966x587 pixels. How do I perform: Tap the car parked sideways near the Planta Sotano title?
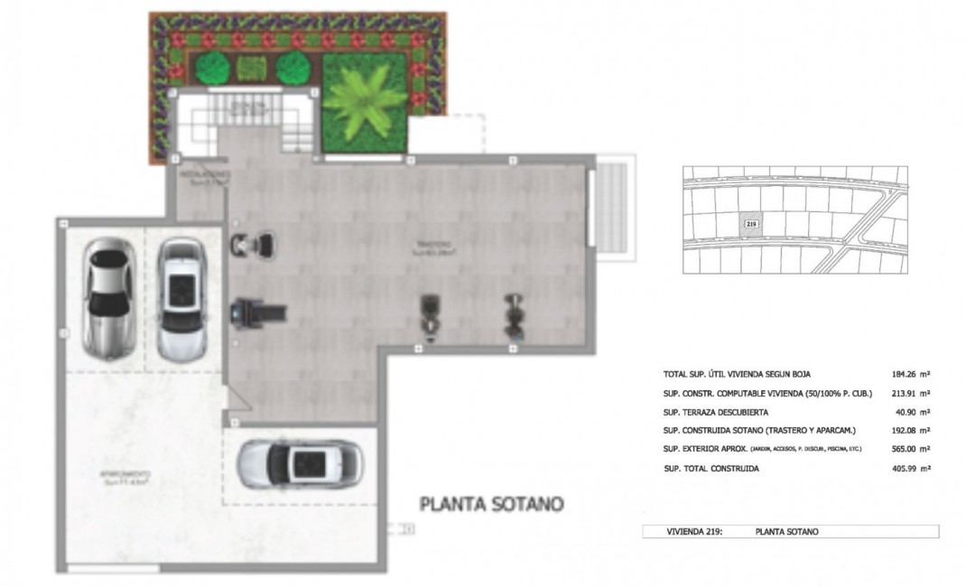299,463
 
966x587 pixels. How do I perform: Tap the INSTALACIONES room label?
205,176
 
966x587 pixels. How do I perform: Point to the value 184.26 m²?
911,373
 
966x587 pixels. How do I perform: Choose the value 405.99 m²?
911,468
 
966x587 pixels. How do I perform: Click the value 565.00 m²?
911,449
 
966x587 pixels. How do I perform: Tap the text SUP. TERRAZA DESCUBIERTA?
718,412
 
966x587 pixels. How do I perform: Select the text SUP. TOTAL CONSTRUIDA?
711,468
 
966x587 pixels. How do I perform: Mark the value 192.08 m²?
911,430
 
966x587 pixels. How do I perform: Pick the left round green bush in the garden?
211,67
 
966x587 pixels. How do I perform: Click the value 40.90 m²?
914,412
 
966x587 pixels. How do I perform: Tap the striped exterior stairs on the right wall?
613,207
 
